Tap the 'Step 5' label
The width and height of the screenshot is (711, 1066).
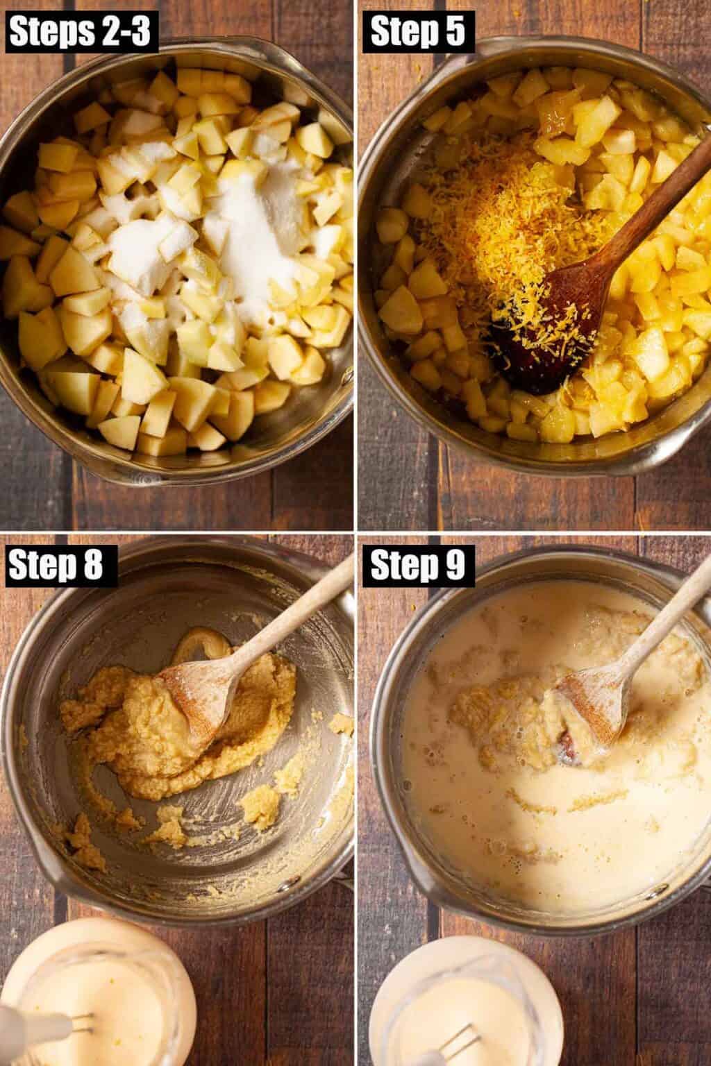tap(418, 32)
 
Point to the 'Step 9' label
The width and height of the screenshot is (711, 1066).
tap(418, 566)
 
